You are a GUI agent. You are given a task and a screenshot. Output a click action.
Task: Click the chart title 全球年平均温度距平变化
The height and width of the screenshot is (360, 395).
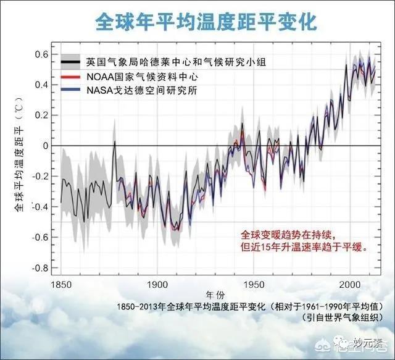(x=206, y=22)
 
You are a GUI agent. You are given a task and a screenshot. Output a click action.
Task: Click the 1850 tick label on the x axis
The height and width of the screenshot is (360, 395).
(x=61, y=285)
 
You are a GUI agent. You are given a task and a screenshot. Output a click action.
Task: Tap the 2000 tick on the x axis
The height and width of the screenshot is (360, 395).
(x=349, y=285)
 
